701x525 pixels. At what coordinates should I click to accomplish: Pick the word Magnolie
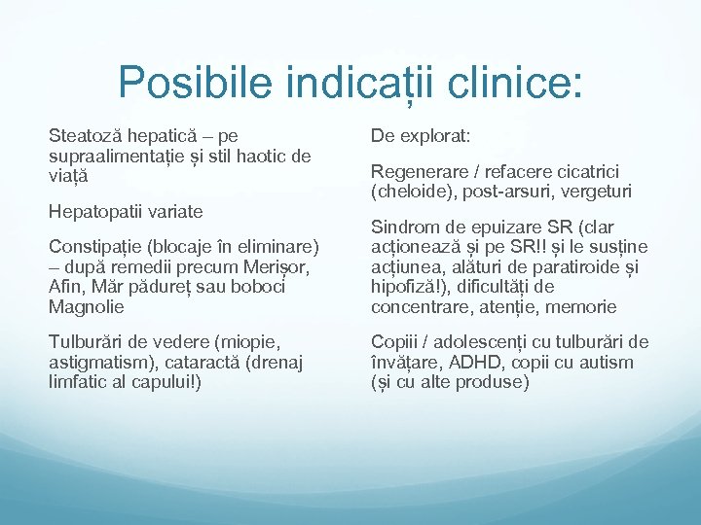(x=85, y=306)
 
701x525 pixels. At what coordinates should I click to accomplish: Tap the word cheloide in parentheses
(x=410, y=192)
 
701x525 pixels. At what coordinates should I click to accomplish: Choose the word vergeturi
(x=593, y=192)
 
